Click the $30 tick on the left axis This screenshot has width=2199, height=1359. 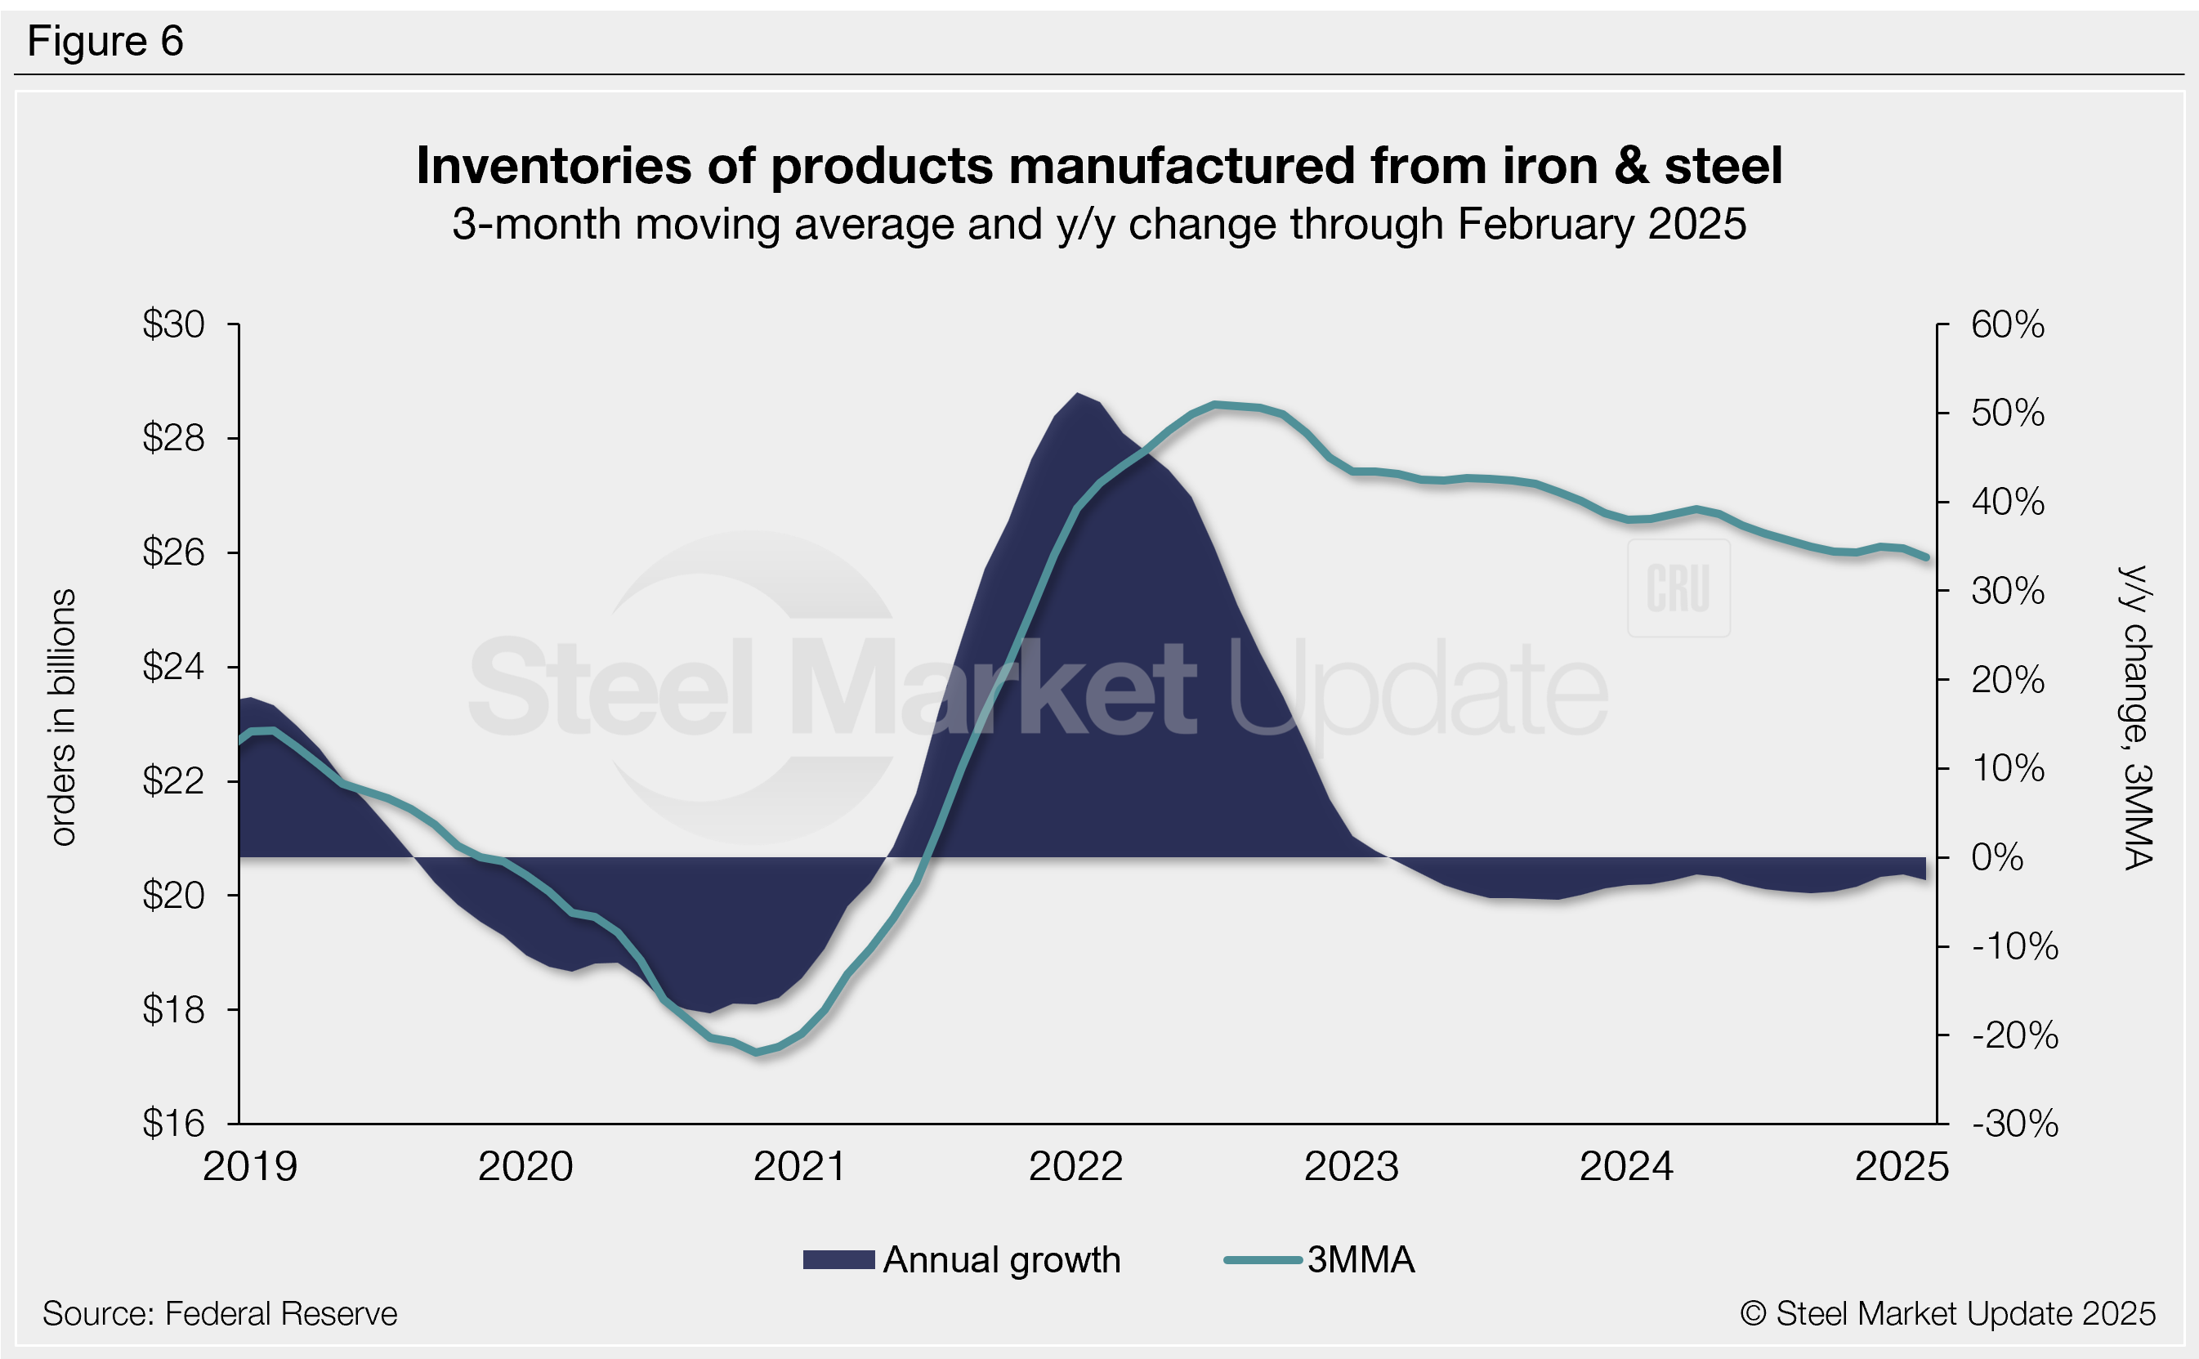coord(173,324)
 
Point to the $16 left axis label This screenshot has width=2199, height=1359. coord(173,1124)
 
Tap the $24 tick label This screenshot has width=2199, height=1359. coord(173,667)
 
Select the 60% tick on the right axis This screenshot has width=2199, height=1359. coord(2008,324)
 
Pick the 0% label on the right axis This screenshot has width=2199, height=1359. coord(1997,857)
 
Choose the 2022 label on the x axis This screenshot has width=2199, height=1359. coord(1075,1167)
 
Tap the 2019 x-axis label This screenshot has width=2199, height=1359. coord(250,1167)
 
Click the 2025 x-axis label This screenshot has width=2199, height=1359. coord(1902,1167)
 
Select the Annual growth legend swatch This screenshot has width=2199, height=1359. coord(838,1260)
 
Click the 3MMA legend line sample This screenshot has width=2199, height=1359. coord(1263,1260)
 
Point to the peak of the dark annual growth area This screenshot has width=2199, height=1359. coord(1076,394)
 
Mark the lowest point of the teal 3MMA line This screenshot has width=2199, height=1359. coord(758,1052)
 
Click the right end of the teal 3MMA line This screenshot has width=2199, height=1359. coord(1926,557)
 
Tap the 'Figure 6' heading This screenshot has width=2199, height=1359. coord(105,42)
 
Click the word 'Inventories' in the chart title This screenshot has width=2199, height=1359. coord(553,166)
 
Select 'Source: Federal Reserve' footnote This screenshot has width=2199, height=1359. coord(220,1314)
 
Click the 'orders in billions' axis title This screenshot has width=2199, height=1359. coord(63,717)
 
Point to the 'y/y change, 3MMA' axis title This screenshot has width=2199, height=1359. coord(2137,717)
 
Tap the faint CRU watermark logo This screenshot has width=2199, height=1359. coord(1678,588)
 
